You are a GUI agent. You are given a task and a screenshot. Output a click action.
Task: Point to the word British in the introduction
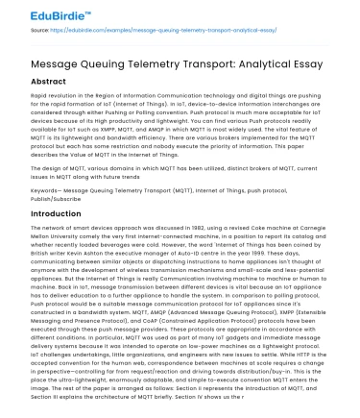(16, 270)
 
